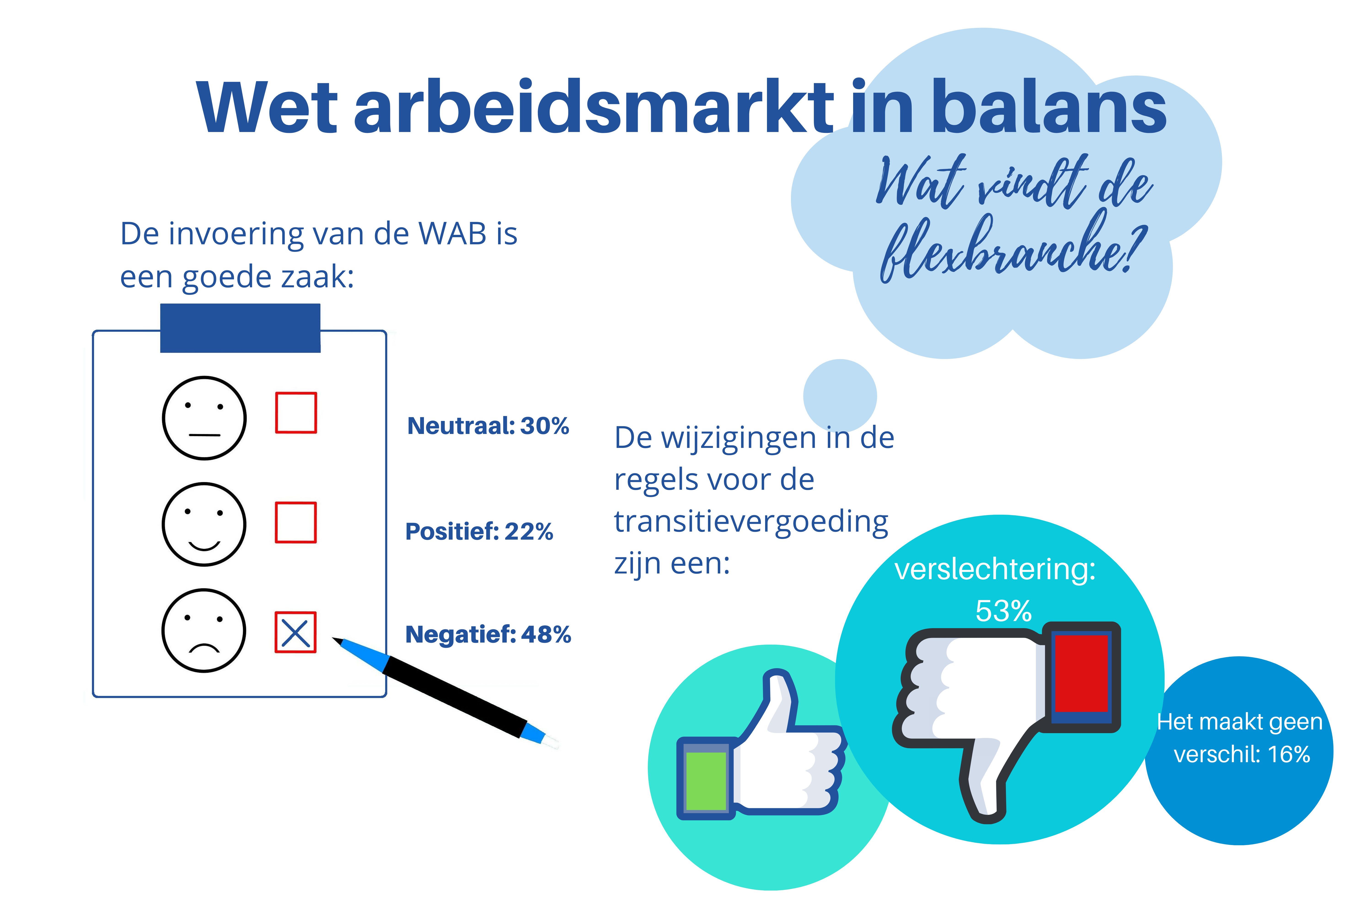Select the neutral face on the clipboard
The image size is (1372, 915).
[204, 418]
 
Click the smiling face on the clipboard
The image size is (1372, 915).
[204, 524]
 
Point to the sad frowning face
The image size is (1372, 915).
[204, 630]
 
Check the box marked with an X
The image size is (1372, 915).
[296, 632]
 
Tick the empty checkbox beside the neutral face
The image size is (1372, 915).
[296, 413]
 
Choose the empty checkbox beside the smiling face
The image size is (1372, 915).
[296, 522]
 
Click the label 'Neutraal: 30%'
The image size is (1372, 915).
[488, 426]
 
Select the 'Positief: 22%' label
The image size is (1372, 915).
[479, 532]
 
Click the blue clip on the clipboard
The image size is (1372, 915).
[240, 328]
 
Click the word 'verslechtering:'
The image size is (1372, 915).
[994, 569]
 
